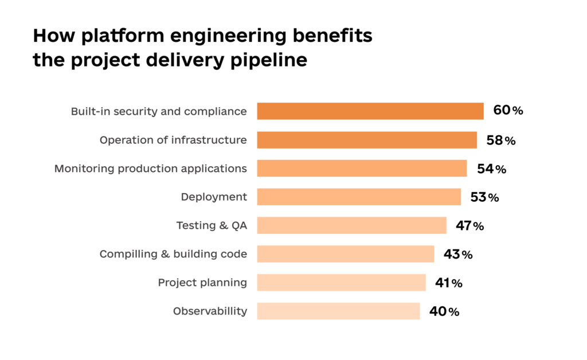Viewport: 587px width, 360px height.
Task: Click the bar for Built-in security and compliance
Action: tap(370, 111)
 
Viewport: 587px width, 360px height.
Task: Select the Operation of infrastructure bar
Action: tap(367, 140)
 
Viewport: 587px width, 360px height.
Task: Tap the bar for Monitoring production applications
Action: tap(362, 169)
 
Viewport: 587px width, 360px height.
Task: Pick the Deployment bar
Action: tap(359, 197)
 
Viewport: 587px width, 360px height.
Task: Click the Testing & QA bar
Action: tap(351, 226)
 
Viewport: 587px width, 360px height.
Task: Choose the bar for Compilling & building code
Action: tap(345, 254)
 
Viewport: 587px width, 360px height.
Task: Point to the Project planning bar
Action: tap(341, 283)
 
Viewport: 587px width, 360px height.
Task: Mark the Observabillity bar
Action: tap(338, 311)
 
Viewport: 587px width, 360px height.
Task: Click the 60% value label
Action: tap(508, 111)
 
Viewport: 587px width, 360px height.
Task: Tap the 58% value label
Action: tap(501, 140)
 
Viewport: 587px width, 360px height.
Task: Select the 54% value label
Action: tap(491, 169)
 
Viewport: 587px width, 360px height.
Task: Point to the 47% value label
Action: tap(469, 226)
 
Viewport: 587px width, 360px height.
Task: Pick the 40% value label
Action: tap(444, 311)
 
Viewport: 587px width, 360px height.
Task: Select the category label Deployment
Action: tap(214, 197)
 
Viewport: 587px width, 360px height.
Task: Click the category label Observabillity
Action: tap(210, 311)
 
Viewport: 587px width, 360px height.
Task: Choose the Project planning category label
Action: tap(202, 283)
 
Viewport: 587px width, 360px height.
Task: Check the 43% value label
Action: tap(457, 254)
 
